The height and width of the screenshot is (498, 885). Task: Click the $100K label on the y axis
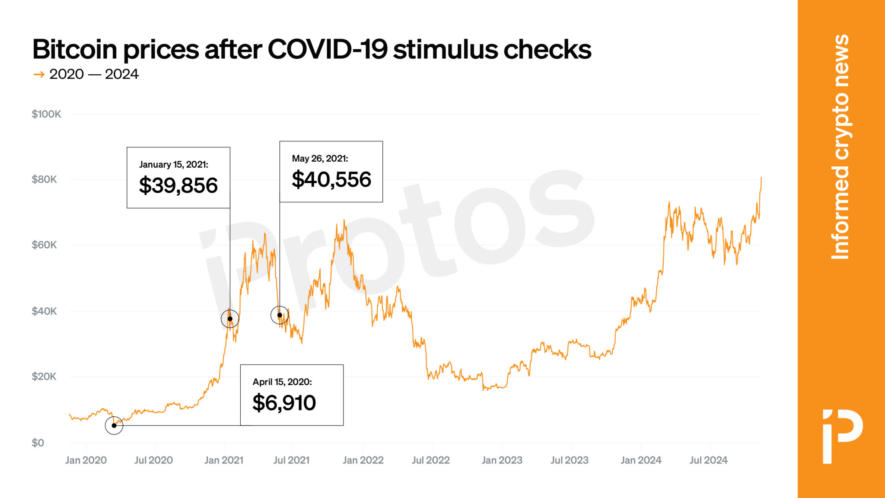coord(46,114)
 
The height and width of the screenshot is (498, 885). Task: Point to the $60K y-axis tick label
coord(44,245)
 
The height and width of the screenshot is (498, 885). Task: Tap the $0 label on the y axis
coord(38,443)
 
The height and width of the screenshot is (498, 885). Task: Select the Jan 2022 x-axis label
coord(363,460)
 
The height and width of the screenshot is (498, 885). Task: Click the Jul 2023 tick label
coord(570,460)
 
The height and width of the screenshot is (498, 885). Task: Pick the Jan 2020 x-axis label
coord(86,460)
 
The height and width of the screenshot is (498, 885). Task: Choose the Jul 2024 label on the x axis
coord(708,460)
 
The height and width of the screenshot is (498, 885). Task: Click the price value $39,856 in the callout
coord(178,185)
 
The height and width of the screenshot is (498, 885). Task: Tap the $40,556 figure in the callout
coord(331,179)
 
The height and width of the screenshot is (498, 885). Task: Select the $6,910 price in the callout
coord(284,403)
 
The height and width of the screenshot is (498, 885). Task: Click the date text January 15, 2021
coord(174,164)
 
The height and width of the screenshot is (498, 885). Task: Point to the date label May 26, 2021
coord(320,158)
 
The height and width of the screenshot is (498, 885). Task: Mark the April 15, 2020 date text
coord(282,382)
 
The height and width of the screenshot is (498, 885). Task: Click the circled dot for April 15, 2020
coord(114,425)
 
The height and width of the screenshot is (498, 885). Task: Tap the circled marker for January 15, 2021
coord(230,319)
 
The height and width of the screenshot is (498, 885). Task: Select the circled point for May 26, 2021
coord(280,315)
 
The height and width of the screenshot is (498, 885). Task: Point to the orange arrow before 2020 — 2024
coord(39,74)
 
